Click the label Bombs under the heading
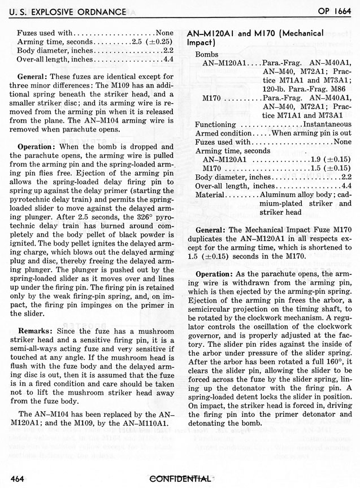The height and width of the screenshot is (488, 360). coord(207,53)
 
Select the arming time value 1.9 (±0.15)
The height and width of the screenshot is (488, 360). coord(330,159)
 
